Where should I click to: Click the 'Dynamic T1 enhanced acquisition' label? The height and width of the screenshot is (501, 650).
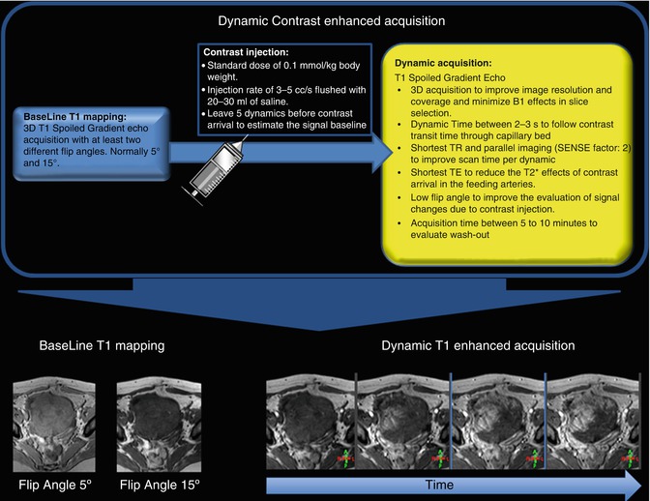(479, 345)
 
